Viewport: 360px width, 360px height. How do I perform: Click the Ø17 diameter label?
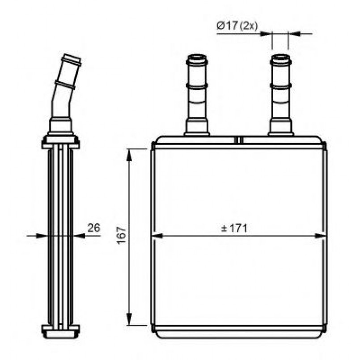tap(227, 26)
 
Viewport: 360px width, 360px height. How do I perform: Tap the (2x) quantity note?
tap(249, 26)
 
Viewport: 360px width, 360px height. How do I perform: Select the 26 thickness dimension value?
tap(93, 228)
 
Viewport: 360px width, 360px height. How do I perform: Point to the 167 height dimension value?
tap(122, 236)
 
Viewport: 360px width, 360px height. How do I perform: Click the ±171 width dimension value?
tap(234, 228)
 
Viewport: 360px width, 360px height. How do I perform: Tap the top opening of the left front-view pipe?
tap(197, 56)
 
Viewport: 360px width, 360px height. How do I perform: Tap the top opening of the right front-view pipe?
tap(280, 56)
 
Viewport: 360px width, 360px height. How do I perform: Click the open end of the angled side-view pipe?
tap(72, 59)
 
